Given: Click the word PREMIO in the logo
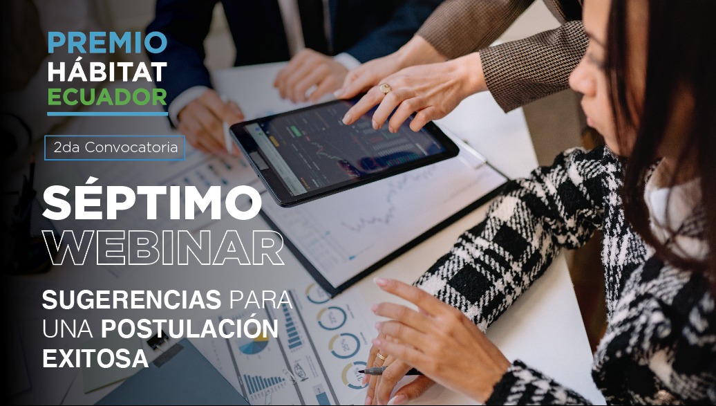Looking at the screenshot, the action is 107,42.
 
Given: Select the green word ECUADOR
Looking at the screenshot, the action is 107,97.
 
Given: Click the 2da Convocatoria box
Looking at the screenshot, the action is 115,148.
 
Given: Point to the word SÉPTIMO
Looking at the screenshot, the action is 151,201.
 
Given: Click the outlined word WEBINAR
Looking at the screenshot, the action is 163,248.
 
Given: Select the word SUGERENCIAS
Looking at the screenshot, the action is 132,300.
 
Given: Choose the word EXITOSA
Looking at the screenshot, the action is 95,358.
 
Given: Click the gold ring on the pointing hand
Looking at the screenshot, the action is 385,89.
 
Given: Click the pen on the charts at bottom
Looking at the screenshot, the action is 390,371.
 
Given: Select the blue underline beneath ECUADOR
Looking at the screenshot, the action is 107,113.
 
